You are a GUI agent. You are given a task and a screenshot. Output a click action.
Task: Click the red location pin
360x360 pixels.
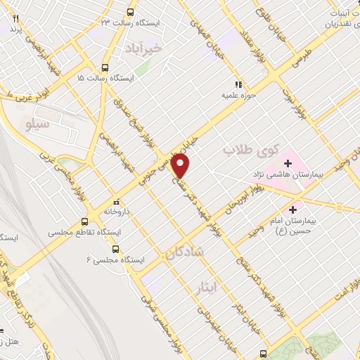(181, 165)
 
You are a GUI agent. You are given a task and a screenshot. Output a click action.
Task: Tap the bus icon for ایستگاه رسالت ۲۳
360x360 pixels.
(130, 12)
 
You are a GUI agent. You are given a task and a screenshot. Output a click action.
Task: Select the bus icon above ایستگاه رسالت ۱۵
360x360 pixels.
(105, 67)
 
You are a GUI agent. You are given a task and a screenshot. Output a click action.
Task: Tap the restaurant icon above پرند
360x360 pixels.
(15, 19)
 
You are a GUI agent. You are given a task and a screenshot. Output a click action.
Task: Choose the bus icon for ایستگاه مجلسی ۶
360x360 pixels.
(115, 248)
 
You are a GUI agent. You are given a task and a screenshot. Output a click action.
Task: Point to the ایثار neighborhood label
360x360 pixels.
(225, 288)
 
